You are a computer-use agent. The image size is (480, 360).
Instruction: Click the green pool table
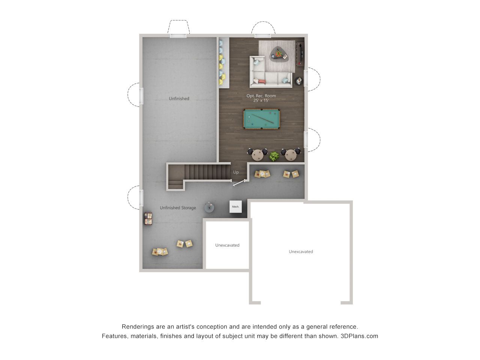point(261,119)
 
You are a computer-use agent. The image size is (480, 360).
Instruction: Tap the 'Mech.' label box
point(235,206)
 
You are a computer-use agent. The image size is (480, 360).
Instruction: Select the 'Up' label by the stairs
point(236,172)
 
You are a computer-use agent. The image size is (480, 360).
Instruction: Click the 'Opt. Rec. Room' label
point(261,96)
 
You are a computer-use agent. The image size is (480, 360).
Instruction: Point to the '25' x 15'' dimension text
point(261,100)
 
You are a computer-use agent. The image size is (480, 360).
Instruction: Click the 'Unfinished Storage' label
point(178,208)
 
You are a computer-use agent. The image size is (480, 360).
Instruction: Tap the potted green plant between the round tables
point(274,156)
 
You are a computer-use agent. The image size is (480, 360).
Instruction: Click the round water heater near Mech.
point(209,207)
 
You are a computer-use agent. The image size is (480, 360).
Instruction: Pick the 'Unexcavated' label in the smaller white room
point(227,245)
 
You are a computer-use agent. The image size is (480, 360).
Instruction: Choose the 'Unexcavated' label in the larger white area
point(301,252)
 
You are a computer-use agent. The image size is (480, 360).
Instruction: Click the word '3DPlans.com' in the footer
point(359,336)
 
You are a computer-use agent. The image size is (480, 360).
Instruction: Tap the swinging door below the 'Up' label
point(238,183)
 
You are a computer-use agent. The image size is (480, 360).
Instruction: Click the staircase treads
point(207,172)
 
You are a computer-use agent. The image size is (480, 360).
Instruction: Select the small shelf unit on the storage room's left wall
point(148,219)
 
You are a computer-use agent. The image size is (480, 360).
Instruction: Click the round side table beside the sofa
point(299,81)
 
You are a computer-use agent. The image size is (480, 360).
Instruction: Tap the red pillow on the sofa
point(262,82)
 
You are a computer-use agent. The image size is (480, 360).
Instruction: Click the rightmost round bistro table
point(291,155)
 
